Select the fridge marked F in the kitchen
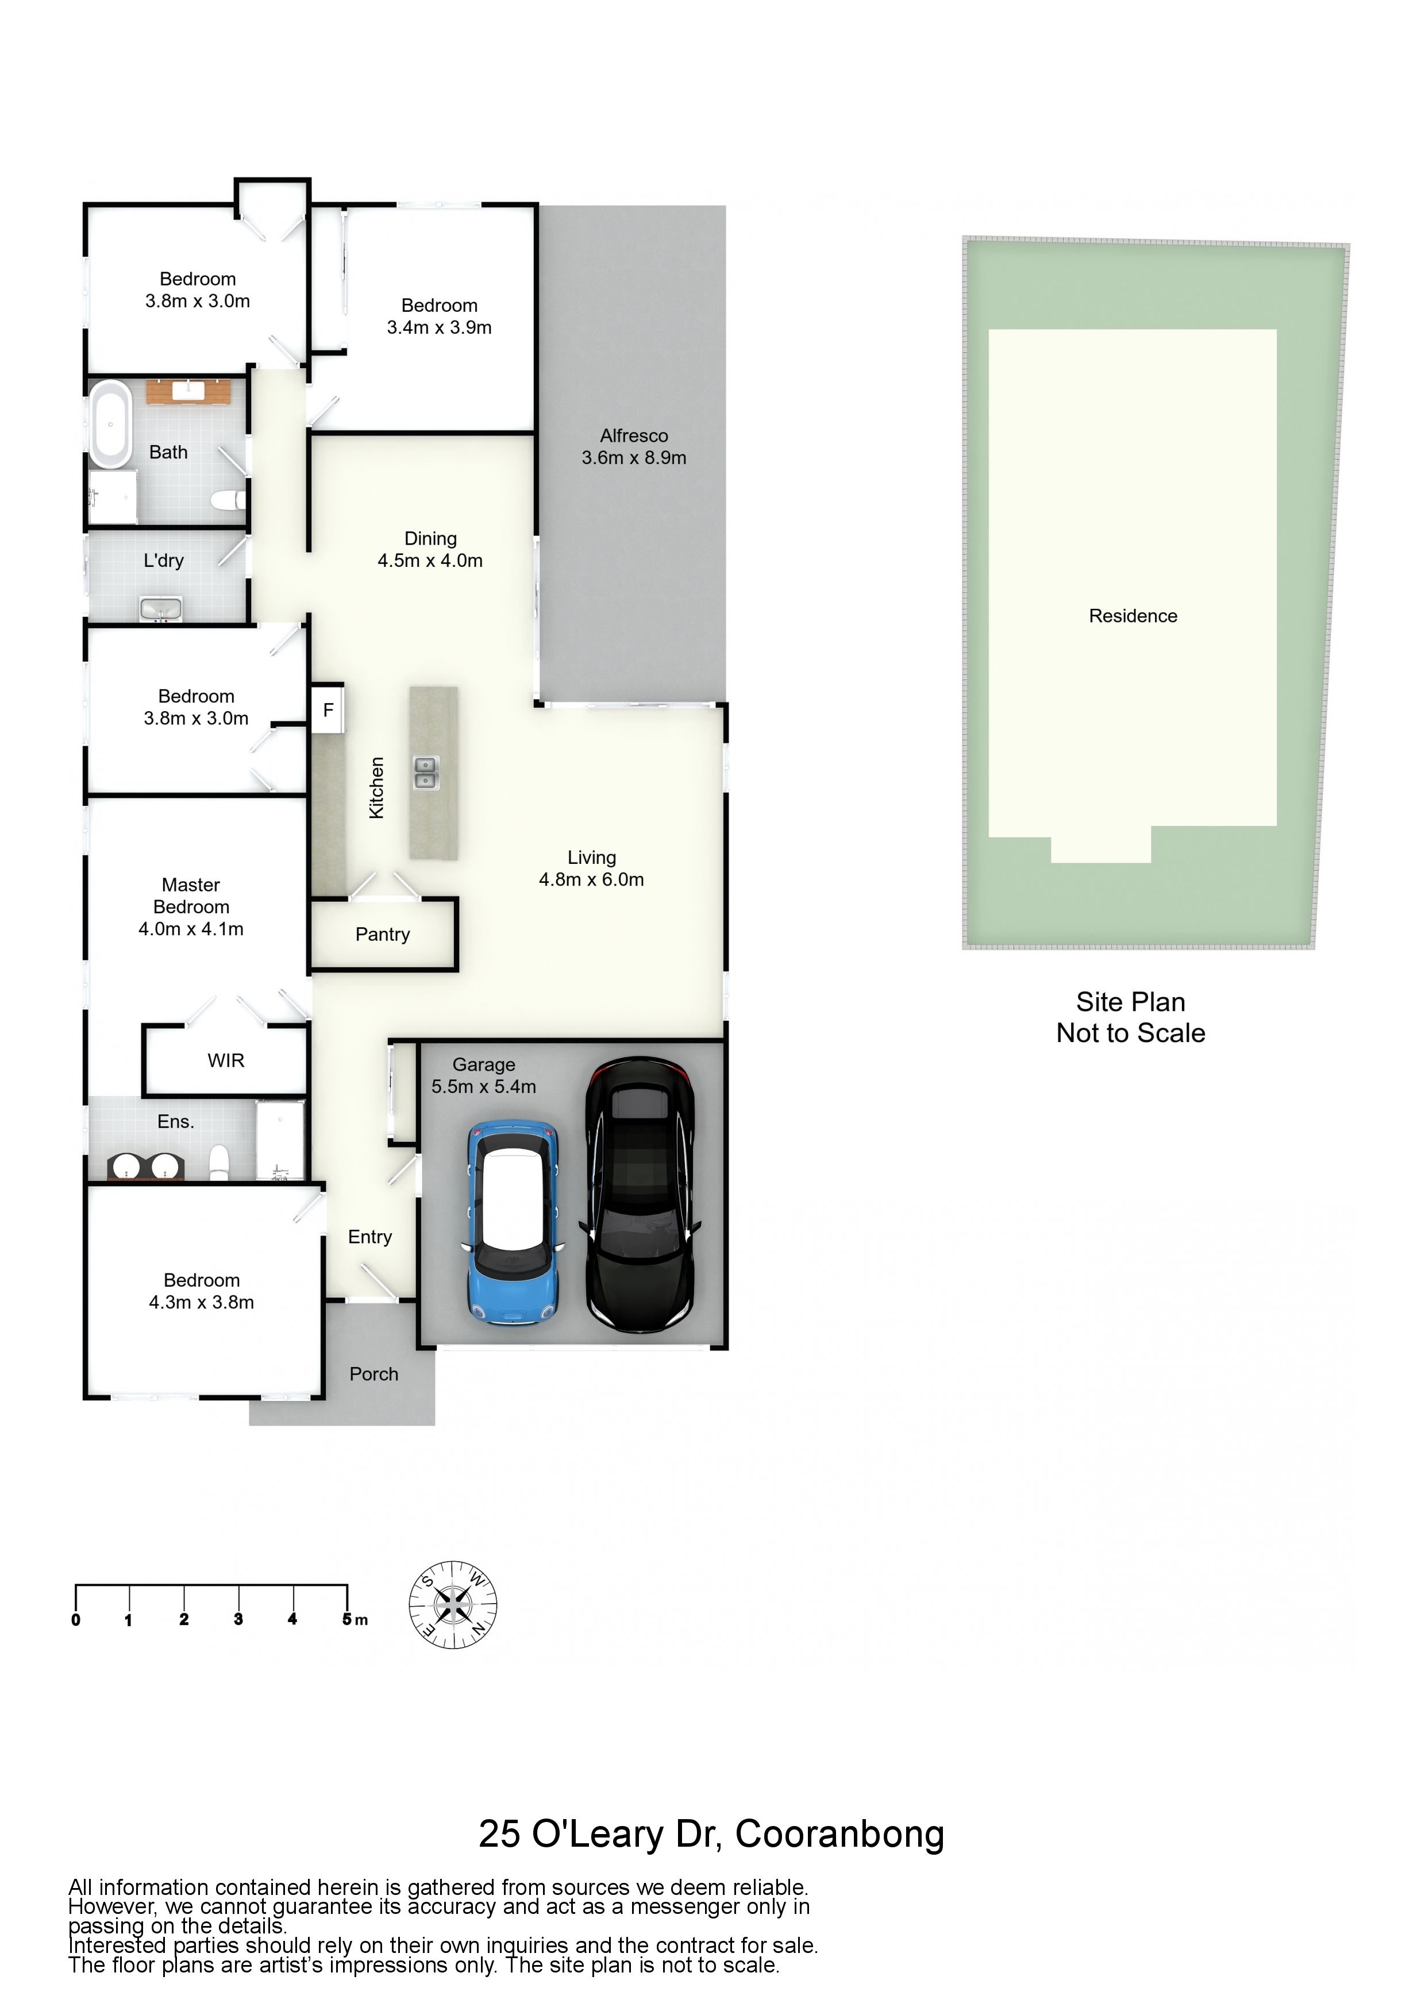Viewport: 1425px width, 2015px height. click(328, 709)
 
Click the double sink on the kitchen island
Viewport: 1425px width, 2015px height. click(426, 773)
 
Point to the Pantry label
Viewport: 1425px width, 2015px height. click(383, 934)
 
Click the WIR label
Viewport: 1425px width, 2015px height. click(226, 1060)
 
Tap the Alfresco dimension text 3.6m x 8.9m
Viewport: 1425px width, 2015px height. click(634, 457)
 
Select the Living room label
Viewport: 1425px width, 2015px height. click(592, 858)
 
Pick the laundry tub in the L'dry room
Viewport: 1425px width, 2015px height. click(161, 608)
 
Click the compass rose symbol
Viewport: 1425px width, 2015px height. click(453, 1604)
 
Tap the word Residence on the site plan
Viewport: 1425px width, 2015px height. click(1133, 616)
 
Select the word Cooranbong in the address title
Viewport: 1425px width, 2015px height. click(839, 1833)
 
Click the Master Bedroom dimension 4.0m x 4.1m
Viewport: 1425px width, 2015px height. click(191, 928)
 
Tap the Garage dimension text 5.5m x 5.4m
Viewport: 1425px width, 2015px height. click(484, 1087)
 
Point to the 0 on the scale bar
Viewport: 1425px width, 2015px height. click(75, 1619)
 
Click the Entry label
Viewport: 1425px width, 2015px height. click(369, 1237)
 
